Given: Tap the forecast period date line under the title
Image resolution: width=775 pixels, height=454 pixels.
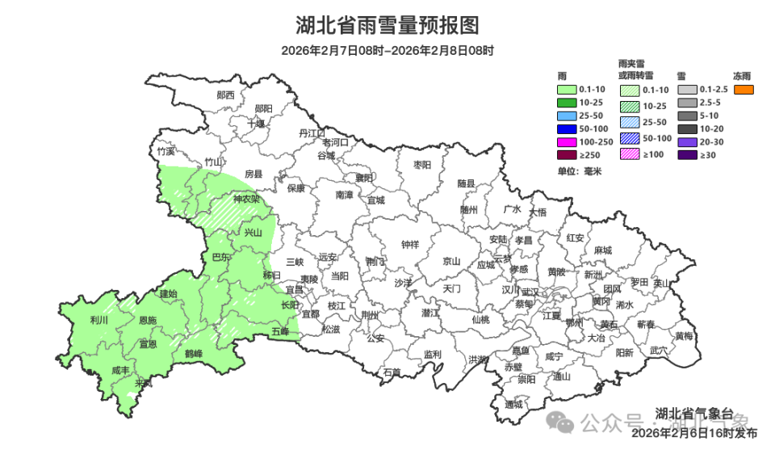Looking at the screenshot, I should click(x=387, y=50).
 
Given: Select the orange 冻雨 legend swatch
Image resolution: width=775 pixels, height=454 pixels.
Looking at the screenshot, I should click(x=744, y=89).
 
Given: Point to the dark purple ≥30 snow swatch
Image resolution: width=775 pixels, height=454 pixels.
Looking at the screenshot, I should click(x=687, y=154).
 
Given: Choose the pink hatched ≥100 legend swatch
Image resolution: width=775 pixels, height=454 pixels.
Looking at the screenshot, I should click(x=630, y=154).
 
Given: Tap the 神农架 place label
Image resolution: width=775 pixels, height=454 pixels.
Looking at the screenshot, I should click(x=246, y=199).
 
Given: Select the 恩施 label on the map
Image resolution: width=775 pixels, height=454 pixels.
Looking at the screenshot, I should click(x=148, y=321).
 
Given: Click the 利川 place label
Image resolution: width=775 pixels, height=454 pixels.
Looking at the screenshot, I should click(x=99, y=320).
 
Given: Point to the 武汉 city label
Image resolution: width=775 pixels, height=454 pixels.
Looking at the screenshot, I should click(x=530, y=292).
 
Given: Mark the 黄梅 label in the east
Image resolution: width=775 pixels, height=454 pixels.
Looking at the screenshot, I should click(x=684, y=335).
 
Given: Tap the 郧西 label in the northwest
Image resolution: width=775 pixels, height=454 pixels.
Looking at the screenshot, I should click(x=225, y=95).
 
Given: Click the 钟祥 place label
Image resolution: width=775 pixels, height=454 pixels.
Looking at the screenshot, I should click(x=410, y=245).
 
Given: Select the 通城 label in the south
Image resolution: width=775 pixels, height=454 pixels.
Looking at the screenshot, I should click(x=513, y=404).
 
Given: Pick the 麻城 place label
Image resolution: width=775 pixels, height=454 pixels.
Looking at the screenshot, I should click(x=602, y=250).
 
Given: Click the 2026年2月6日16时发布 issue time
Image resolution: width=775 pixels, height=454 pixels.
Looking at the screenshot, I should click(x=694, y=433).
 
